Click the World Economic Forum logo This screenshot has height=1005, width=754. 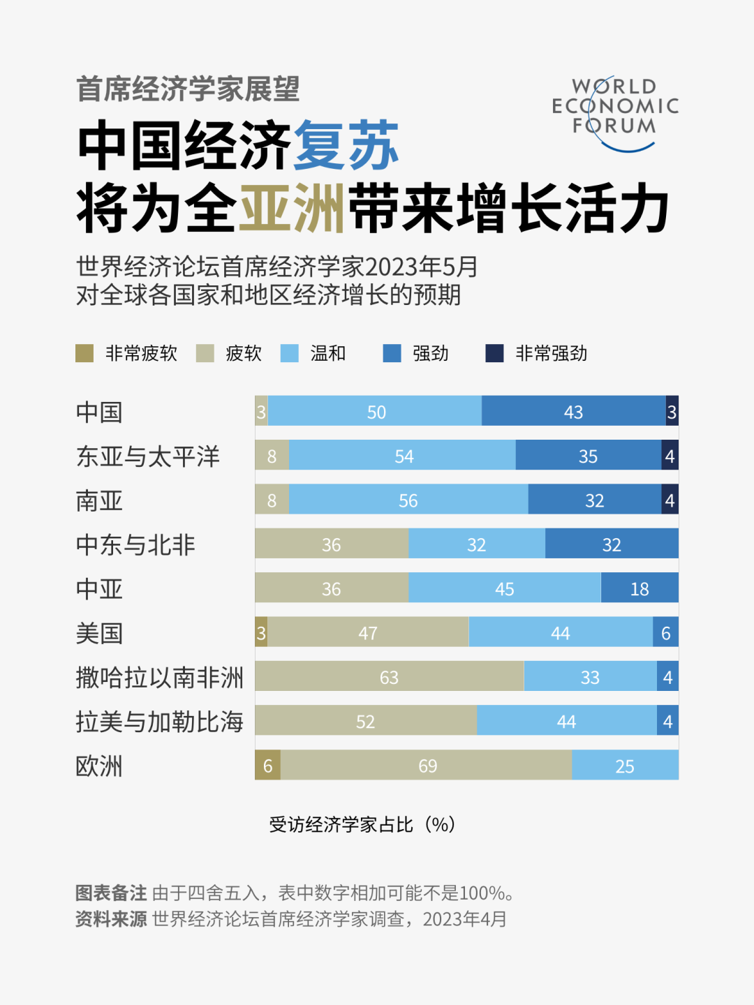click(x=614, y=112)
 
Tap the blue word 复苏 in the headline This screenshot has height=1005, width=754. click(x=346, y=145)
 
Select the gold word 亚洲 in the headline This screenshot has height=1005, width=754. click(x=293, y=208)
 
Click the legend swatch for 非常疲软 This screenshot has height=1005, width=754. click(x=84, y=353)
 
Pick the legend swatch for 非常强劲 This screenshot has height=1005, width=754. click(x=495, y=353)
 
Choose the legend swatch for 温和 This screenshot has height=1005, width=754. click(x=289, y=353)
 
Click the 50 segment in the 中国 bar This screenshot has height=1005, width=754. click(x=375, y=411)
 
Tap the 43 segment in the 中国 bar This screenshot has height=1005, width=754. click(x=573, y=411)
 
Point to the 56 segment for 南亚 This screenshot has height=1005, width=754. click(x=408, y=500)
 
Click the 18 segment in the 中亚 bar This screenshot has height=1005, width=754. click(x=639, y=588)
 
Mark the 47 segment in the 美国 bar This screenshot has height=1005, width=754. click(x=368, y=632)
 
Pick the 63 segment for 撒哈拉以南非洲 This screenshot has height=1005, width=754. click(x=389, y=677)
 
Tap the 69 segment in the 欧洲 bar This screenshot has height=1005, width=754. click(x=427, y=766)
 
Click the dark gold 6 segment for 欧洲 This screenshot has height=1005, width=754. click(x=267, y=766)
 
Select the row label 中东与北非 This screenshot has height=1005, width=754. click(x=135, y=544)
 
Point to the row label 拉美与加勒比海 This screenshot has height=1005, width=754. click(x=159, y=722)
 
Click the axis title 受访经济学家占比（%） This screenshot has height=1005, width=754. click(x=362, y=824)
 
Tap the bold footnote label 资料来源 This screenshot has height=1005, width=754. click(x=111, y=919)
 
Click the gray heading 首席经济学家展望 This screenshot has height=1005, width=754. click(x=188, y=89)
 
